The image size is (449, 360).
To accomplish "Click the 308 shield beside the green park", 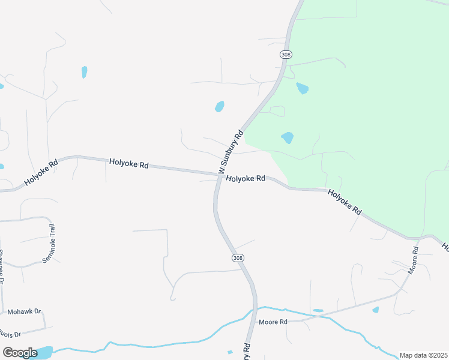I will coord(286,55).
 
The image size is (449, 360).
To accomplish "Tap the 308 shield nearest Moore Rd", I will coord(238,258).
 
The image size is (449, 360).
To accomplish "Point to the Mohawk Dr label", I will coord(23,312).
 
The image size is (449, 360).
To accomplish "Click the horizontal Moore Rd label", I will coord(273,322).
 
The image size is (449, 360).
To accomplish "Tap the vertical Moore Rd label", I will coord(412,259).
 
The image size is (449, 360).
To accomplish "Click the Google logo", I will coord(20,352).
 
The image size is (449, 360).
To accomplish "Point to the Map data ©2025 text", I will coord(423,355).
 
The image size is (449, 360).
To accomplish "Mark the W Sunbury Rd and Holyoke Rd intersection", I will coord(217,175).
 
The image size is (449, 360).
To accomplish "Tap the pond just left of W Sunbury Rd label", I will coord(220,107).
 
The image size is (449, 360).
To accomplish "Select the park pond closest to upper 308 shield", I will coord(302,89).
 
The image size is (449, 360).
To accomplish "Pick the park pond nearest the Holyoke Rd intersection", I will coord(288,137).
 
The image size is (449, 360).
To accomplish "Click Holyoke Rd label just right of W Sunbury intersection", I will coord(246,179).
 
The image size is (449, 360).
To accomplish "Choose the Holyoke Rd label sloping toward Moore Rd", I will coord(345,202).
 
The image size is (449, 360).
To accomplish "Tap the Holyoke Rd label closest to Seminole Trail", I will coord(41,172).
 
